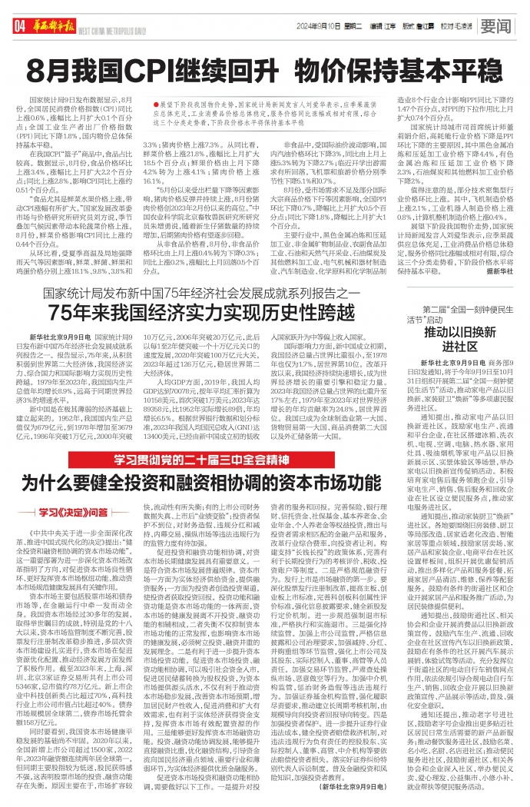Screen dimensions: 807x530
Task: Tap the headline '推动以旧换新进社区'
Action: [x=455, y=340]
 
